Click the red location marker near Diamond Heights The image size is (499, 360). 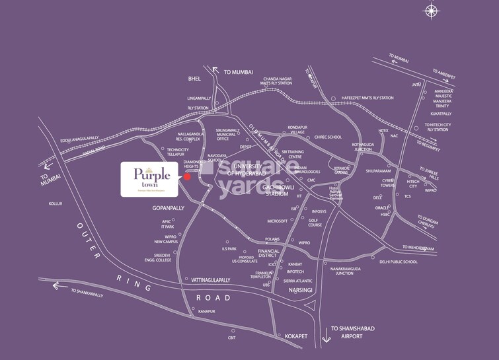point(187,176)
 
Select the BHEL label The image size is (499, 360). point(194,79)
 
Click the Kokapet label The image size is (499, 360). point(296,336)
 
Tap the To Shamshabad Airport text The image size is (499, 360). point(356,332)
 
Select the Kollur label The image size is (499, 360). point(55,203)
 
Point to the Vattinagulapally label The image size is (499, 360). point(211,280)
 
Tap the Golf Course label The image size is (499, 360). point(315,223)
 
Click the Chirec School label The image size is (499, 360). point(328,137)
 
